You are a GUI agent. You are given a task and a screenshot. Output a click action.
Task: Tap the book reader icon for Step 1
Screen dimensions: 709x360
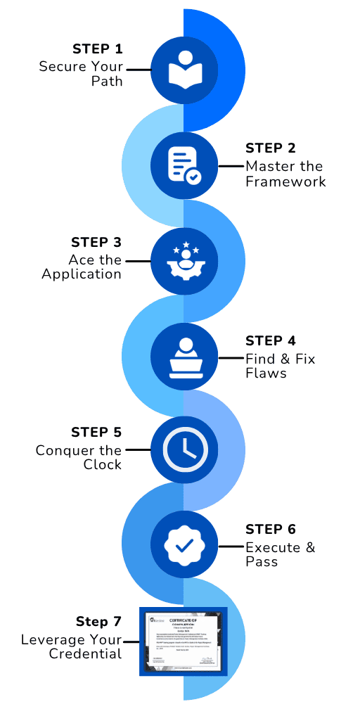tap(184, 70)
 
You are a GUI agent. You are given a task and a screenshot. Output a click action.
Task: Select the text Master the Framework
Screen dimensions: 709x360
tap(285, 174)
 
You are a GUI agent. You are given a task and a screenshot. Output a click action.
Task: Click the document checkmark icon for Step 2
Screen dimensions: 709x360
tap(184, 166)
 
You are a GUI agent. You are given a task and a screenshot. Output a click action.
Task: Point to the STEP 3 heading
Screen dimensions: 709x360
tap(96, 242)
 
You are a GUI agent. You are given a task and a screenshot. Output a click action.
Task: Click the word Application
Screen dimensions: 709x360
tap(82, 274)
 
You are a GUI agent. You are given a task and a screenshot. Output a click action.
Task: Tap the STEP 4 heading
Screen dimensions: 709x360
tap(271, 341)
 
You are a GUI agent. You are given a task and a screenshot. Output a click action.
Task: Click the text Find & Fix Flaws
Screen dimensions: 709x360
tap(280, 366)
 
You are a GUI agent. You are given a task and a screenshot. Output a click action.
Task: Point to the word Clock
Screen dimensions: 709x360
tap(103, 464)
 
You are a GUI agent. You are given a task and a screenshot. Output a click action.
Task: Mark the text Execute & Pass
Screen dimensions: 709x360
tap(280, 554)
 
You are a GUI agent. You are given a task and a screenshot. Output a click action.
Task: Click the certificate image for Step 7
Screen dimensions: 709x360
tap(184, 641)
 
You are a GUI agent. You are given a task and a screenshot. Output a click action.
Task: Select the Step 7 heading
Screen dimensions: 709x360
tap(98, 622)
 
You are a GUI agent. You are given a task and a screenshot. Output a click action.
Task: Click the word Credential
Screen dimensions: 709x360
tap(85, 654)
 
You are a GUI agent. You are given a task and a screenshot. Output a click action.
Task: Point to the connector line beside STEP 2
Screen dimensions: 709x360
tap(229, 166)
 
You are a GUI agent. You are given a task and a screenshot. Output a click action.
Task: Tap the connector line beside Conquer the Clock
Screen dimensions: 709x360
tap(138, 449)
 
